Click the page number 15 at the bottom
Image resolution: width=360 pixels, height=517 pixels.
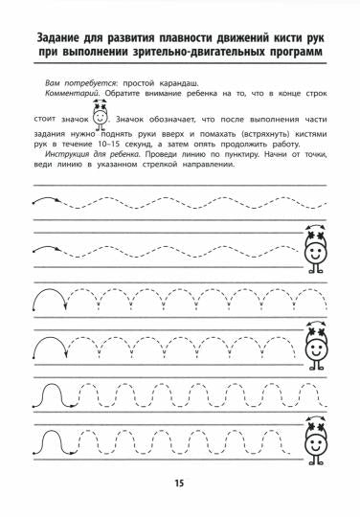coord(180,482)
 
